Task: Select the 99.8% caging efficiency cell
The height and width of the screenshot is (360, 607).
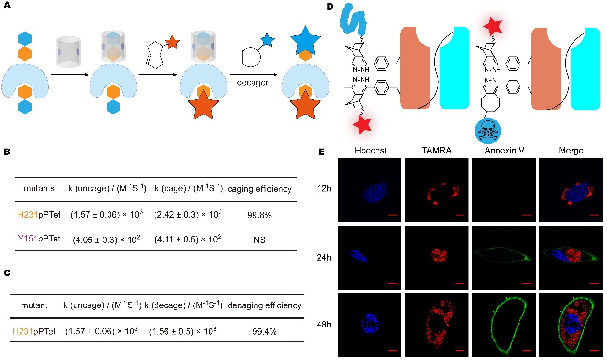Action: (260, 215)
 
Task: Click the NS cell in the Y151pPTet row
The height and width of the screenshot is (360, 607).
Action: (260, 238)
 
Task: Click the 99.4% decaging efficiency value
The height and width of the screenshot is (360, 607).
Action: (265, 330)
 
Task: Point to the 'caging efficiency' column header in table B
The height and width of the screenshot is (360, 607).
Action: (260, 189)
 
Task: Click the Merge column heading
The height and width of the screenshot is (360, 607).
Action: (571, 151)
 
